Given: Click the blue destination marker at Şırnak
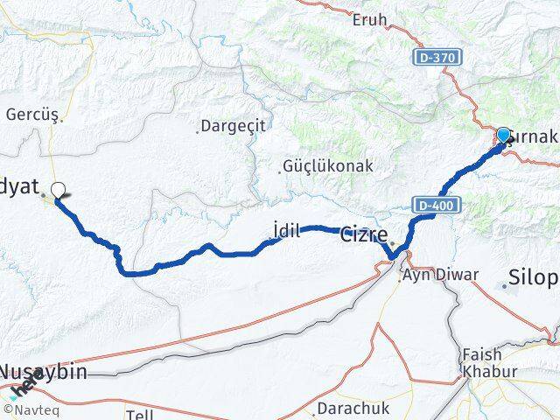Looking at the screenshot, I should click(504, 136).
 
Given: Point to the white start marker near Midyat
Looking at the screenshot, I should click(58, 189).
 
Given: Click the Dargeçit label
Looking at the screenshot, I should click(233, 127).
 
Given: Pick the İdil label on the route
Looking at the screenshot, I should click(286, 231).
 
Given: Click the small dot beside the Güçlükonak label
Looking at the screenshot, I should click(283, 171).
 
